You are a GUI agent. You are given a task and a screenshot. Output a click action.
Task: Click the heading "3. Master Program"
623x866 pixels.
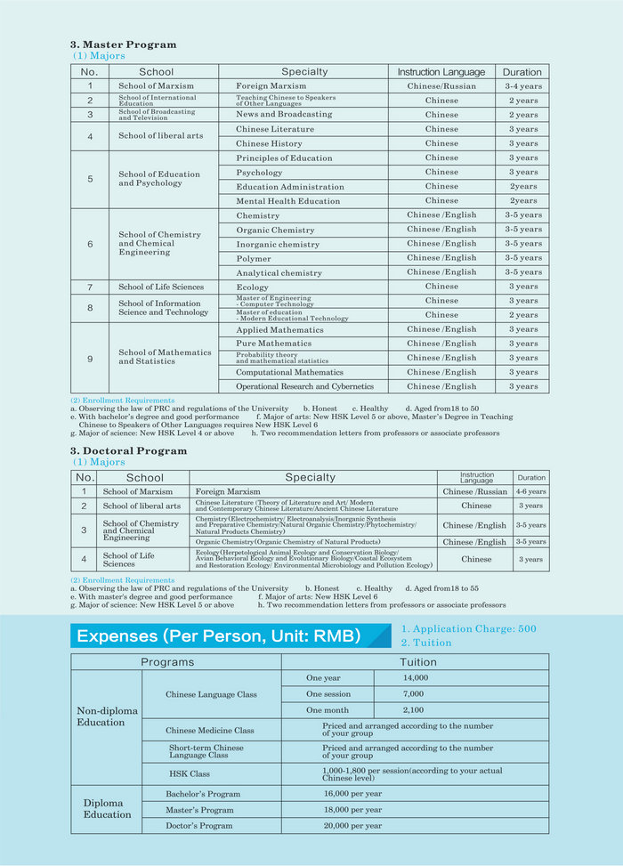pyautogui.click(x=123, y=45)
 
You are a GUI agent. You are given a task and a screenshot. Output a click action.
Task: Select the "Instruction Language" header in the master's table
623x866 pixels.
pyautogui.click(x=441, y=72)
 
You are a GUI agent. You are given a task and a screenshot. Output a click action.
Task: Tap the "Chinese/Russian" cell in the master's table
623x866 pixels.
pyautogui.click(x=441, y=86)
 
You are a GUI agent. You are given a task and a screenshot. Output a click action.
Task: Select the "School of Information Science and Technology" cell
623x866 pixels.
pyautogui.click(x=164, y=308)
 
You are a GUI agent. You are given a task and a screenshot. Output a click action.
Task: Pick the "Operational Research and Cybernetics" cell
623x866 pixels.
pyautogui.click(x=304, y=386)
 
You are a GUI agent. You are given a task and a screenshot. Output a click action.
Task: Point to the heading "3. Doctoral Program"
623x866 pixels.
pyautogui.click(x=128, y=451)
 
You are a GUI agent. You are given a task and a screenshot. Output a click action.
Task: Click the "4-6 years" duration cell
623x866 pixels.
pyautogui.click(x=530, y=491)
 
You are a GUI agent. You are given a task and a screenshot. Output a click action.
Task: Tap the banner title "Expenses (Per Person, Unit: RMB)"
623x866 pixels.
pyautogui.click(x=219, y=635)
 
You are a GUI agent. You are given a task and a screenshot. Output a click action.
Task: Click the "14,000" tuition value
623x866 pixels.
pyautogui.click(x=416, y=677)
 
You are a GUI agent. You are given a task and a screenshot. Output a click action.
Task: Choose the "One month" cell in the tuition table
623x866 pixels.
pyautogui.click(x=328, y=710)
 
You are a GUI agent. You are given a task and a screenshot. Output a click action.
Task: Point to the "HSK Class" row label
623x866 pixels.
pyautogui.click(x=190, y=774)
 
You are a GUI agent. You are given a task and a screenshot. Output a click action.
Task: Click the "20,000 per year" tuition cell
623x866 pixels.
pyautogui.click(x=353, y=825)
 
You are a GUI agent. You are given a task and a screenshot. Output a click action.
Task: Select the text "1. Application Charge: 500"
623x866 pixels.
pyautogui.click(x=468, y=628)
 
